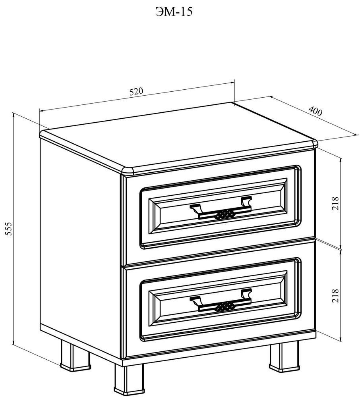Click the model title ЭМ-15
coord(174,12)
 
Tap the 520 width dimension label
coord(137,91)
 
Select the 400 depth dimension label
coord(315,111)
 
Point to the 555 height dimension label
coord(9,229)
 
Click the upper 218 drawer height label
coord(335,203)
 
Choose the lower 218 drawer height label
coord(335,295)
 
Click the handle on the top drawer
coord(221,208)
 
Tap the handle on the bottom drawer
coord(221,300)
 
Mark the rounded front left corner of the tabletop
coord(128,171)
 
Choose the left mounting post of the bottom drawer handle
coord(195,302)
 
